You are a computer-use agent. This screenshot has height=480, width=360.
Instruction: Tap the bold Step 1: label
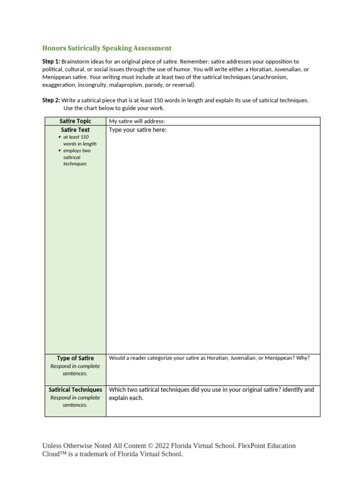pos(51,61)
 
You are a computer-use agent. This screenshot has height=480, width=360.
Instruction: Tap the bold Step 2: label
pos(51,100)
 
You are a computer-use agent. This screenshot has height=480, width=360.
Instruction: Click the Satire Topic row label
pos(75,121)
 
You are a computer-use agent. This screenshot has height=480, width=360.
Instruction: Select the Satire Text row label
pos(75,130)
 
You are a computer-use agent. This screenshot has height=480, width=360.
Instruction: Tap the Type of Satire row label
pos(75,358)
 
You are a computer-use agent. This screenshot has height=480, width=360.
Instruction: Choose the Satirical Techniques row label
pos(75,390)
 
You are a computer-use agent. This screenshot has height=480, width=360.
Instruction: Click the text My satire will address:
pos(137,121)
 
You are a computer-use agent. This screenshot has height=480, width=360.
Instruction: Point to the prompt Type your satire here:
pos(138,130)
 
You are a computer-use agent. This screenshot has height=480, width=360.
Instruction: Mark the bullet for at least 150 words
pos(60,137)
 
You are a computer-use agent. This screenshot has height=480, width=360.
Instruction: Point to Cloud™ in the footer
pos(54,454)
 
